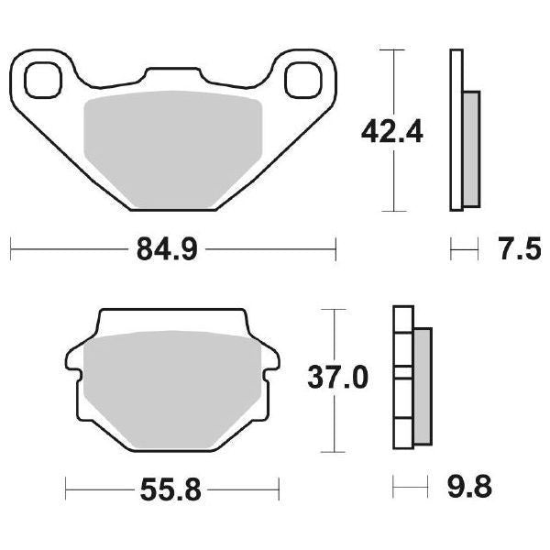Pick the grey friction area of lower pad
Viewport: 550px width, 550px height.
click(170, 389)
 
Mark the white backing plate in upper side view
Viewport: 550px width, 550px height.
click(456, 128)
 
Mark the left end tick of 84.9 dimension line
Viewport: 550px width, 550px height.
click(10, 248)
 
